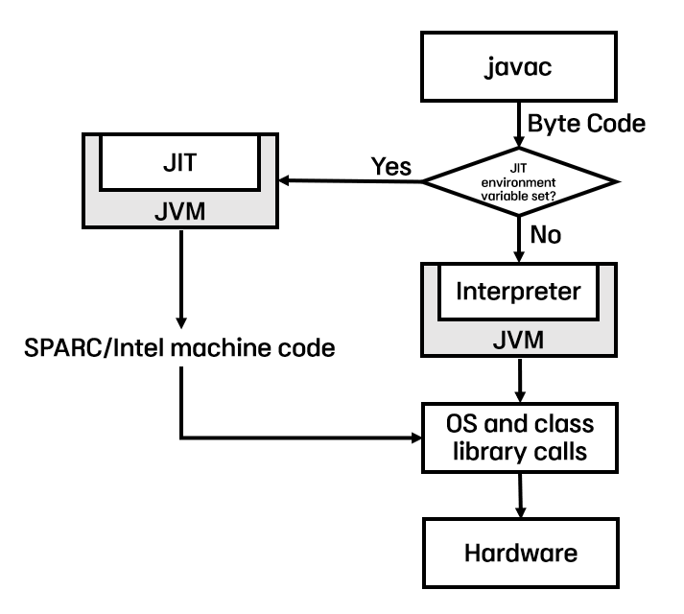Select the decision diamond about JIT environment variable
tap(519, 179)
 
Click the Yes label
tap(390, 166)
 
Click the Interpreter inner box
tap(519, 290)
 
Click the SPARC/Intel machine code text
tap(178, 347)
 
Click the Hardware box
tap(519, 554)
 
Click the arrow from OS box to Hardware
tap(519, 497)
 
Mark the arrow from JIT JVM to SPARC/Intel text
tap(180, 278)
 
